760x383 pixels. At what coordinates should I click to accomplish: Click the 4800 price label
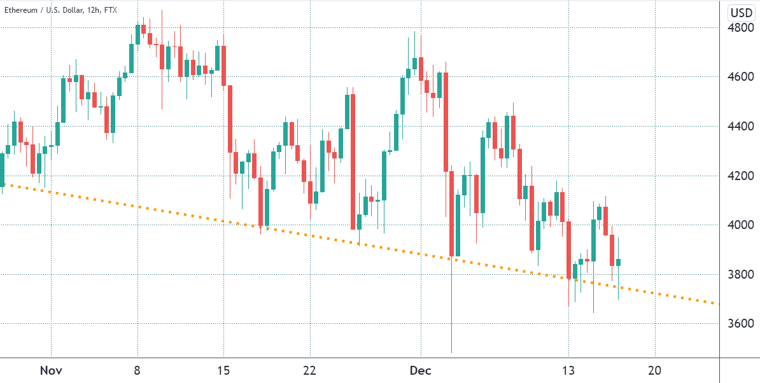(740, 28)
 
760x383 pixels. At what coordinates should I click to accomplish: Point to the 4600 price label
(740, 77)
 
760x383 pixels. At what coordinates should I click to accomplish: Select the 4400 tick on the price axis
(740, 127)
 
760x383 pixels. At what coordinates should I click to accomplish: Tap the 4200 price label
(740, 176)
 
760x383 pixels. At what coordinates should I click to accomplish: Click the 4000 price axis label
(740, 225)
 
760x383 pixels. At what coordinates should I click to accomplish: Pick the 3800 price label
(740, 274)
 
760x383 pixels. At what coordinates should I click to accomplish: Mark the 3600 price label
(740, 324)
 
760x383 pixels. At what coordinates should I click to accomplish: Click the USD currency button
(741, 13)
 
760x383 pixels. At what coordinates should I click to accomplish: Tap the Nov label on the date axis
(50, 370)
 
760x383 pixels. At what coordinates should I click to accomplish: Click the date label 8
(137, 370)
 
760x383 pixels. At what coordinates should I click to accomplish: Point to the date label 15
(223, 370)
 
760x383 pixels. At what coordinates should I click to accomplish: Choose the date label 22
(310, 370)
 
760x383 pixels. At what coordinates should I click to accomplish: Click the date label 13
(568, 370)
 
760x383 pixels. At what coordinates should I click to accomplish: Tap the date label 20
(655, 370)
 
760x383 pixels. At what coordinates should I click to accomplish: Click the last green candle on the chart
(618, 262)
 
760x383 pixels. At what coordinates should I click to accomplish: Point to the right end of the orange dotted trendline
(718, 303)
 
